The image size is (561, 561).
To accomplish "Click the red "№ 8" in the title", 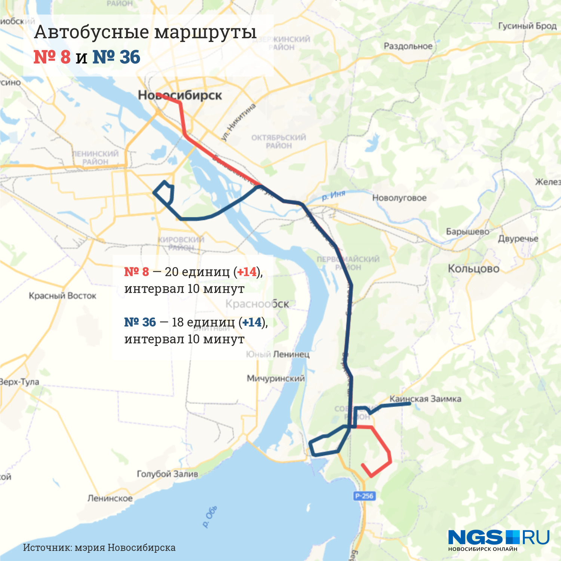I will [52, 57].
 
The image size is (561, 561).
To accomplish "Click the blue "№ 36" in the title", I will [116, 57].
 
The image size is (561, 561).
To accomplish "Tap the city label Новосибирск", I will [180, 95].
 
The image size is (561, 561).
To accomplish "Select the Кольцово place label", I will [473, 269].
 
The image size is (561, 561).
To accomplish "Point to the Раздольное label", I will [408, 46].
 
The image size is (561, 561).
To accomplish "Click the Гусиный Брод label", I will [527, 26].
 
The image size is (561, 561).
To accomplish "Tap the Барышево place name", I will [467, 232].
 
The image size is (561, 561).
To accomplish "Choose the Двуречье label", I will [518, 239].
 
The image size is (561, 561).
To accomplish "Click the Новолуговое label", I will [399, 198].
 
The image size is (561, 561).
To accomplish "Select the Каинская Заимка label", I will [426, 399].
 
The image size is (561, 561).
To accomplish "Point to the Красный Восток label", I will [62, 296].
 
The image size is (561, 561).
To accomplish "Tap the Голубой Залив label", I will [167, 474].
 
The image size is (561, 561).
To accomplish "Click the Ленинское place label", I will [110, 499].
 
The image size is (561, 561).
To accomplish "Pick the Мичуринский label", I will [276, 378].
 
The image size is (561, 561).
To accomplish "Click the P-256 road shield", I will [364, 496].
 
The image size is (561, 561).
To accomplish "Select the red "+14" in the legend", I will [247, 272].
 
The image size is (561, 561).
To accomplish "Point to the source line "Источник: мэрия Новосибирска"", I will [99, 548].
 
